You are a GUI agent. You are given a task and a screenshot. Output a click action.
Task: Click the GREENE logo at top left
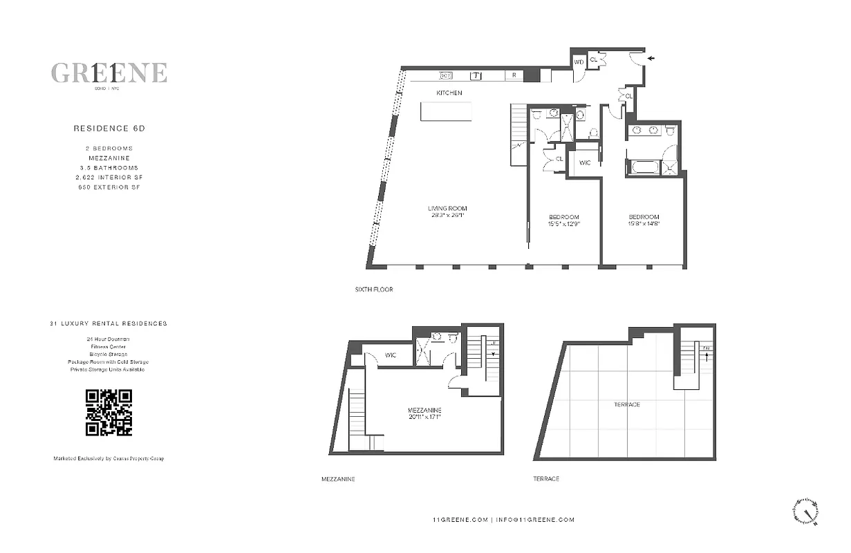click(x=109, y=73)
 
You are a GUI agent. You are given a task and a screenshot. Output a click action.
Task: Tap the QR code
click(x=109, y=413)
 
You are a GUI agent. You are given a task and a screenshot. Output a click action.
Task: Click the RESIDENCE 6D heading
click(x=109, y=128)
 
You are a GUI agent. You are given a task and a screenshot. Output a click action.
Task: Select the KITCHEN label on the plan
click(x=449, y=93)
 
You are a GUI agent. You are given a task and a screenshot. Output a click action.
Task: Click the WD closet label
click(x=579, y=62)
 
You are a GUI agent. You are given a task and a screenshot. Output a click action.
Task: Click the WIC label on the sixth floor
click(x=584, y=162)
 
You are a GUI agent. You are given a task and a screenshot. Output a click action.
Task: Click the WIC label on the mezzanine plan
click(x=391, y=355)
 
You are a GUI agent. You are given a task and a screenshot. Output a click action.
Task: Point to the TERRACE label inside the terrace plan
click(x=626, y=404)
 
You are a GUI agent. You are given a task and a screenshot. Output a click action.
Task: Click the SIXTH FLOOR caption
click(x=373, y=290)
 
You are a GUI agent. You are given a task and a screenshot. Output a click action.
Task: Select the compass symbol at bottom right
click(x=806, y=512)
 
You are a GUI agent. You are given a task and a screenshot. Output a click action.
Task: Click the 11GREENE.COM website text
click(x=459, y=520)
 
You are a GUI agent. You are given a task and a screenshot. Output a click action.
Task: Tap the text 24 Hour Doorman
click(x=109, y=339)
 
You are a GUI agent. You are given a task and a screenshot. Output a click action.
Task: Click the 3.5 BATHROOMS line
click(x=109, y=167)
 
